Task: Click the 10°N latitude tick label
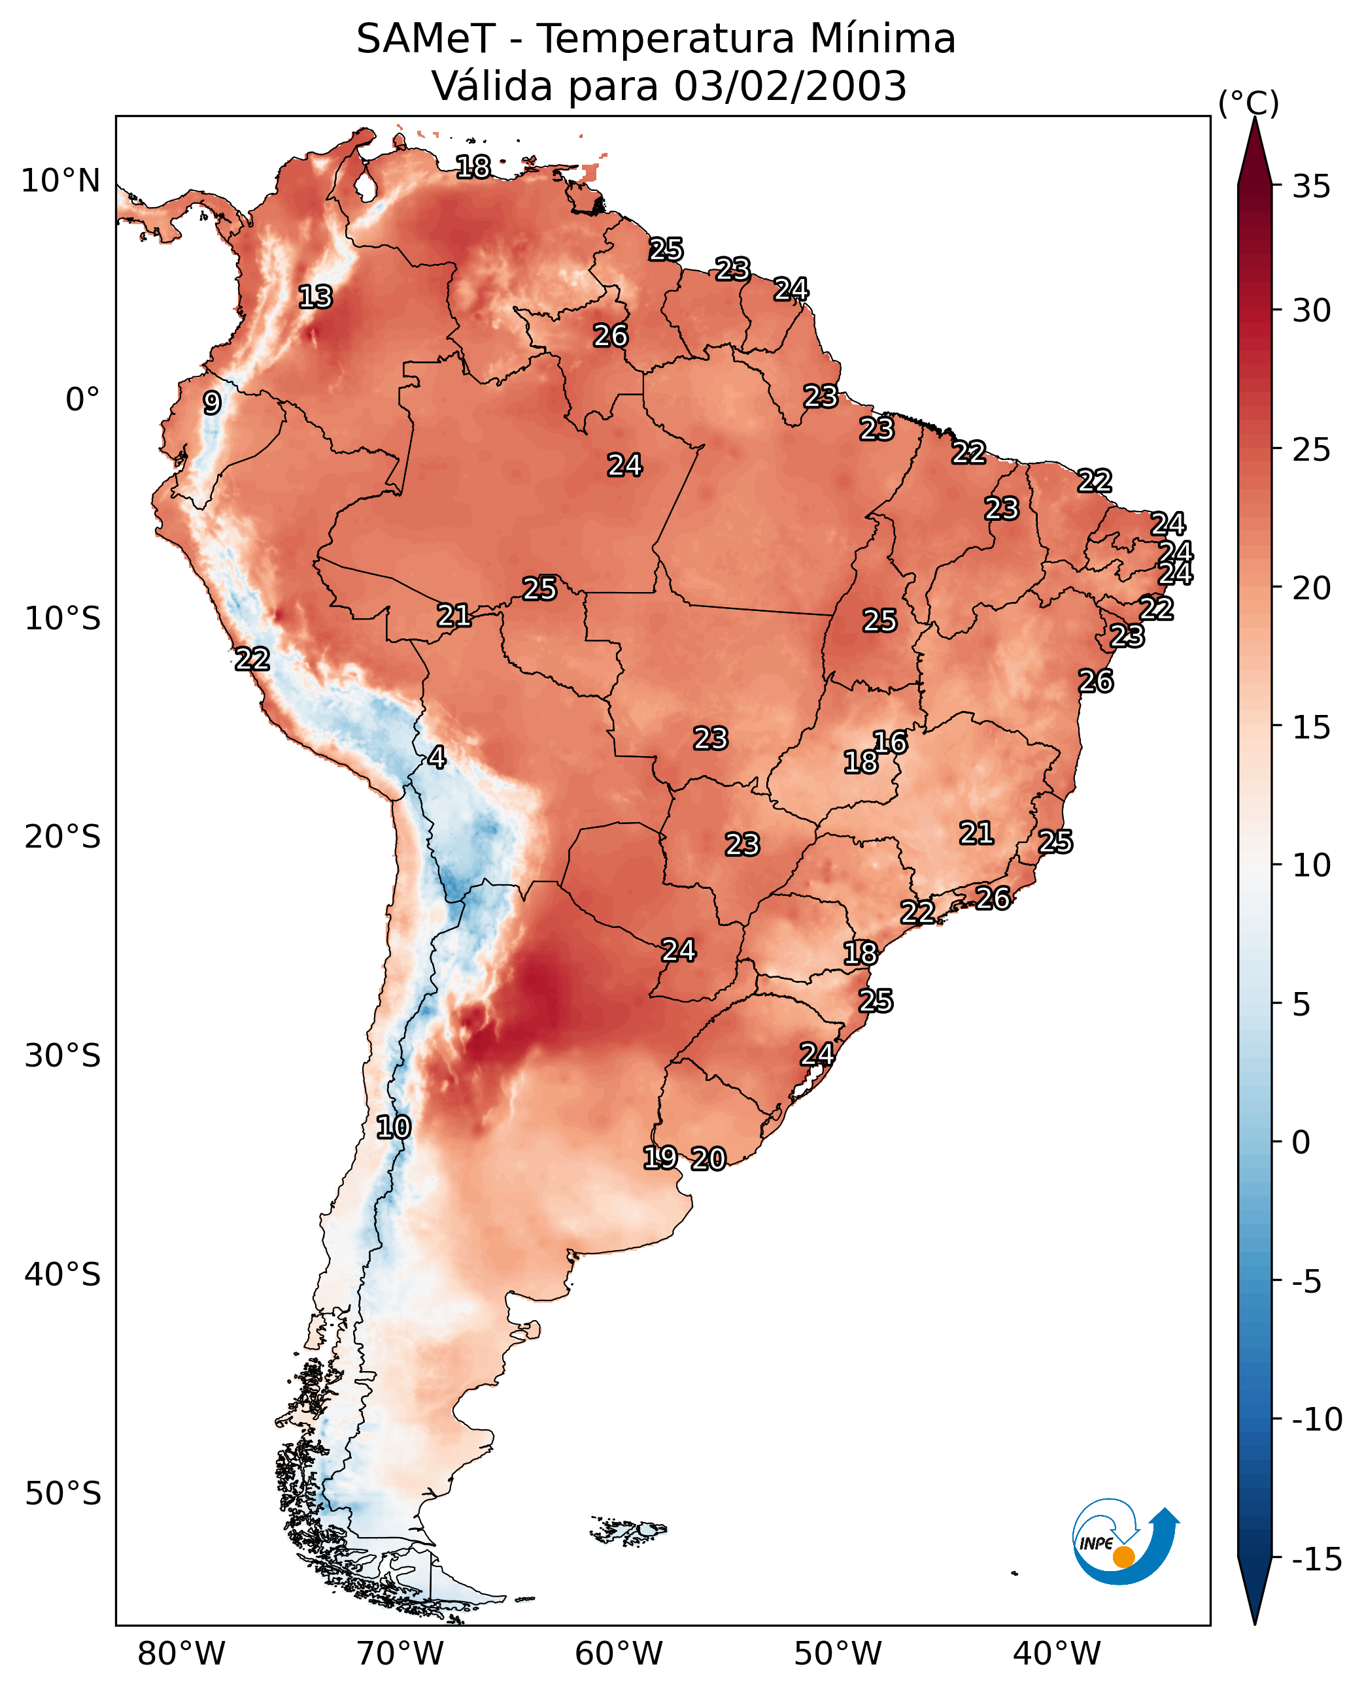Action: pos(61,182)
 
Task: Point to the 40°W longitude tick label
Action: pos(1056,1653)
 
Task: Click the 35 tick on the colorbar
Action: pos(1311,187)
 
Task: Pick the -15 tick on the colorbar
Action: pos(1317,1560)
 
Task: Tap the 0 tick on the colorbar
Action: pos(1301,1142)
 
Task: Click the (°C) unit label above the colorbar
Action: pos(1248,103)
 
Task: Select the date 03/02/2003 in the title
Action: pos(790,86)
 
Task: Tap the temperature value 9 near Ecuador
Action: pos(212,403)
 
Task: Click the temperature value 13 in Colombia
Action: pos(316,297)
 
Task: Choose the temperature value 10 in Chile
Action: pos(394,1128)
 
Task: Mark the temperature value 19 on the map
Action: pos(660,1157)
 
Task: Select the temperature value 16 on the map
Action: pos(890,742)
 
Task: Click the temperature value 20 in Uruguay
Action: pos(709,1159)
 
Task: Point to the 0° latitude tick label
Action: pos(82,400)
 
